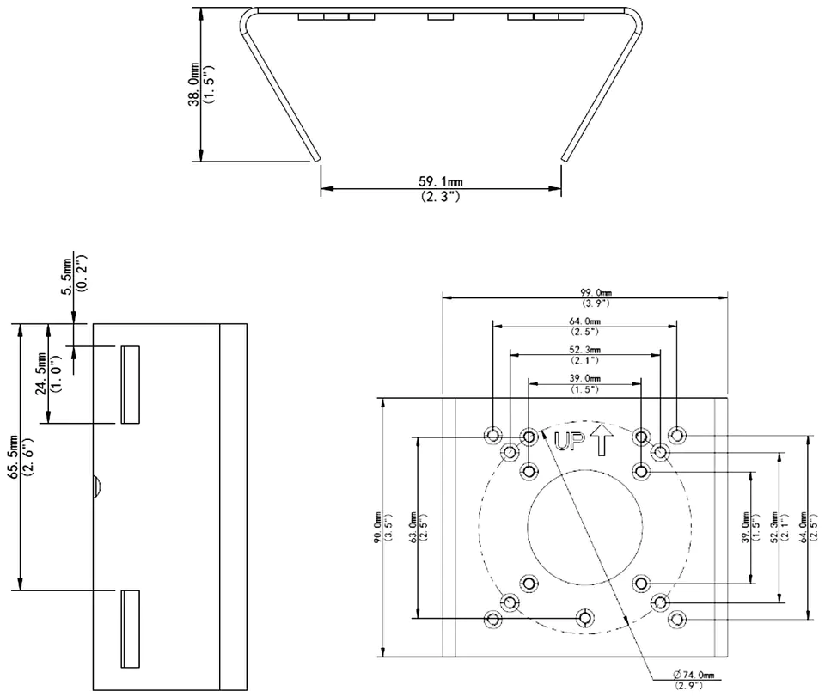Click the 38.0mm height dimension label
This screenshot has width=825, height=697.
click(195, 86)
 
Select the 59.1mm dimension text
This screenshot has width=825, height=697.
click(441, 182)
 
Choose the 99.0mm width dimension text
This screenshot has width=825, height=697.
click(584, 293)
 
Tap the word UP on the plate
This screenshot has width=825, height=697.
click(570, 443)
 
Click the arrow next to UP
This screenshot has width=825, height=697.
click(601, 439)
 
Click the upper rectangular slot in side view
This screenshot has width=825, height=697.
click(130, 385)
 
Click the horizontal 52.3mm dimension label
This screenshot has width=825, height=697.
click(584, 351)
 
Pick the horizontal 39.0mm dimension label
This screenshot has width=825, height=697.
click(584, 379)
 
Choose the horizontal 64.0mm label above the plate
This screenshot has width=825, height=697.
click(584, 322)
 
